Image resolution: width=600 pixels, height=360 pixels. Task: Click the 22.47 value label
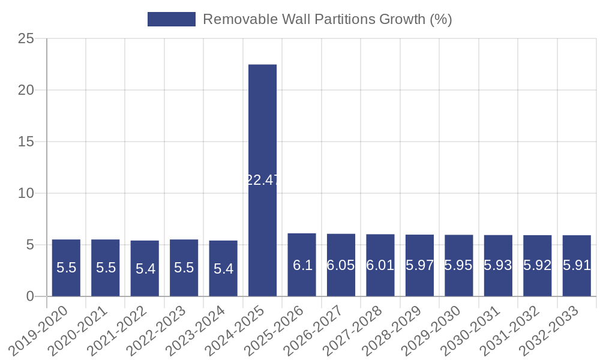coord(262,180)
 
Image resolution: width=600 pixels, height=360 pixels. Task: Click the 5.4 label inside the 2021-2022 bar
coord(145,269)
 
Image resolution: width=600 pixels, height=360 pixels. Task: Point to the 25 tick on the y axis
coord(26,39)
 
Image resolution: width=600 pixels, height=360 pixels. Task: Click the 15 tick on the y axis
coord(26,142)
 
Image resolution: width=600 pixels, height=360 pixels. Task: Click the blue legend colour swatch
coord(172,19)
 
